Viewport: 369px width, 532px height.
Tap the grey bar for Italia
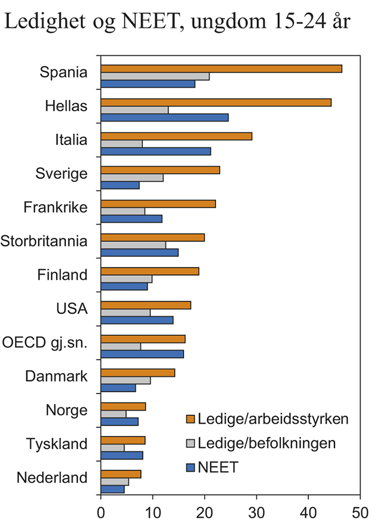coord(121,143)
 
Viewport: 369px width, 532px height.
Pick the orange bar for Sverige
coord(160,170)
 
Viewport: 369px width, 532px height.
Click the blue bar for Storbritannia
coord(139,253)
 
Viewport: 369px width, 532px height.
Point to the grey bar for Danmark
coord(126,380)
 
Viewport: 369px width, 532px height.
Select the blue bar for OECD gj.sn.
coord(142,354)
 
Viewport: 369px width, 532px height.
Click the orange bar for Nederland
coord(121,474)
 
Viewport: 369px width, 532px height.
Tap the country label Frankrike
coord(55,208)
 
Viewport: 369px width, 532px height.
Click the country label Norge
coord(66,410)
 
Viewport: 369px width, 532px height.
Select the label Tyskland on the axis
coord(57,444)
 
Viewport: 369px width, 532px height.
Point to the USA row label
coord(71,309)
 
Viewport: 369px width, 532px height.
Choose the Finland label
coord(62,275)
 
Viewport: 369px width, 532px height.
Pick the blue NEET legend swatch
coord(191,467)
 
